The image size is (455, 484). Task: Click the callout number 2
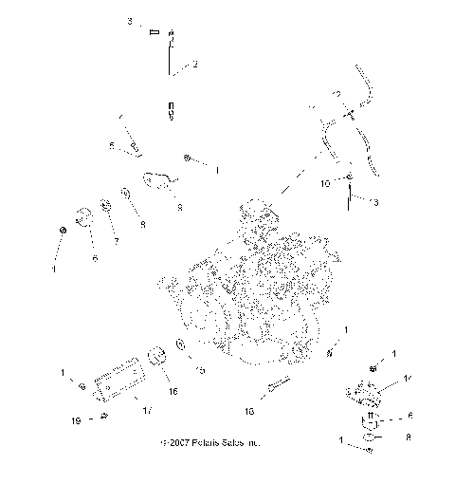coord(195,65)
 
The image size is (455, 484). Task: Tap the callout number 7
coord(117,241)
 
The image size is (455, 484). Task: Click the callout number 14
coord(409,379)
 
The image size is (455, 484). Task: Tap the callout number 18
coord(249,412)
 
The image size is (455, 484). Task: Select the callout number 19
coord(76,419)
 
